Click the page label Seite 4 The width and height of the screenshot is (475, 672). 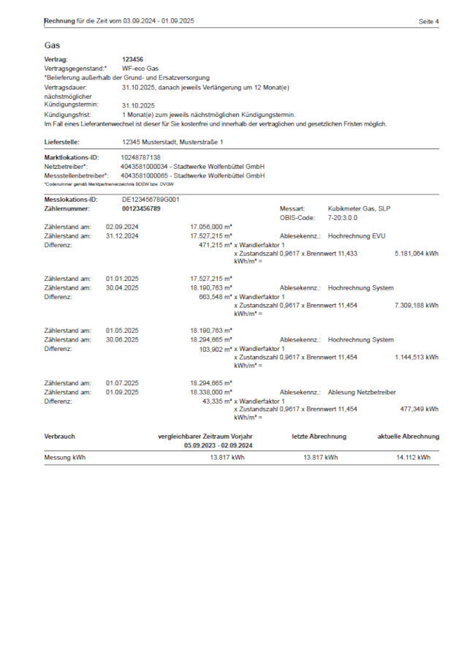tap(428, 22)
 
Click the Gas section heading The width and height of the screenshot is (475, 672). tap(51, 45)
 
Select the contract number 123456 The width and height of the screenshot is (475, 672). tap(132, 58)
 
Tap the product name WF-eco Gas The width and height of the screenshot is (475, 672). tap(139, 67)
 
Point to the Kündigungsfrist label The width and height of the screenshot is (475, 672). tap(67, 115)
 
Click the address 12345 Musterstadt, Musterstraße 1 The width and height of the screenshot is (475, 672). tap(172, 142)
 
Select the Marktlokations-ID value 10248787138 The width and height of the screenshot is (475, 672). tap(140, 157)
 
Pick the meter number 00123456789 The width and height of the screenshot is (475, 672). tap(141, 208)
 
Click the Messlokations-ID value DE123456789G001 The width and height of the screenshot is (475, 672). tap(151, 200)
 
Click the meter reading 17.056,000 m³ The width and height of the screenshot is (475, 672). tap(211, 227)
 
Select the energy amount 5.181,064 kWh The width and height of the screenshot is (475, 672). tap(416, 253)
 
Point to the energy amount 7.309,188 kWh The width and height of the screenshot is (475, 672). tap(416, 305)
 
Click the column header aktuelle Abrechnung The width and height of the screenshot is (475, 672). tap(408, 437)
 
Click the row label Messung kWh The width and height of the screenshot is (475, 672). tap(65, 457)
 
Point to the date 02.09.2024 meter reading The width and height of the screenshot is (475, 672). tap(122, 227)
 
